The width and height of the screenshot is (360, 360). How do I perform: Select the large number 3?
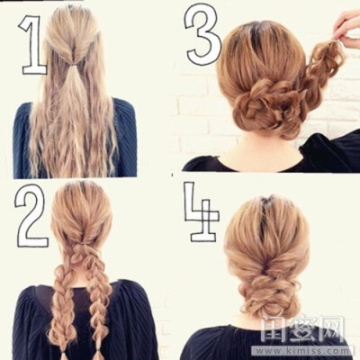click(201, 36)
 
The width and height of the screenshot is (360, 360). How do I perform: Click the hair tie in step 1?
click(71, 64)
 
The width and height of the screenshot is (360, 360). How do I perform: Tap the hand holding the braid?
click(348, 29)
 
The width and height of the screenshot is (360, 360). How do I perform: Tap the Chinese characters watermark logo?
click(302, 329)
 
